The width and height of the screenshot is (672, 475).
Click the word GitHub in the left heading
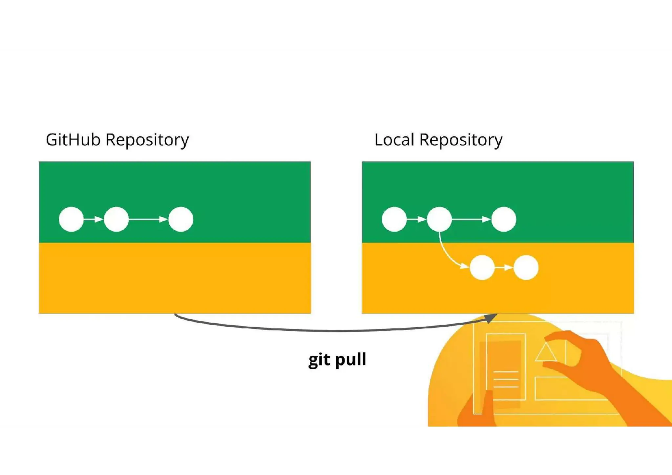[73, 140]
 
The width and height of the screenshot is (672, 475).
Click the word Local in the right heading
[394, 140]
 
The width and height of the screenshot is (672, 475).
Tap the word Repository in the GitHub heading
[147, 140]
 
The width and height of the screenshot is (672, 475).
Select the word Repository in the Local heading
[461, 140]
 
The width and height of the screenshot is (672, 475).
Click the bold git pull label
[337, 360]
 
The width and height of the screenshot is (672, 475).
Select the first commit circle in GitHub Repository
[71, 219]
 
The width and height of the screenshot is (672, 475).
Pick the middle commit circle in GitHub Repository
[116, 219]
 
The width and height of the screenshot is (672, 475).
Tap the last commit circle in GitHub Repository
[181, 219]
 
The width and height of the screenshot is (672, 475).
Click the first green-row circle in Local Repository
[394, 219]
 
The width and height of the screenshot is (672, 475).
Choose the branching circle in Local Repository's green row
[439, 219]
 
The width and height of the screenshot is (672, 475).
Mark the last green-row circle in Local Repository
[504, 219]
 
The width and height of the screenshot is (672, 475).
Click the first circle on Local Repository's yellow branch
[482, 268]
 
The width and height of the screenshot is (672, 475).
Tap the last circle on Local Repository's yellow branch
[526, 268]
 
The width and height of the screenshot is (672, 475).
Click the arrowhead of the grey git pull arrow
[491, 318]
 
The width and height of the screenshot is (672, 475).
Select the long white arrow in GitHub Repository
[148, 219]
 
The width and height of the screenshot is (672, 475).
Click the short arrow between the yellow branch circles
[504, 268]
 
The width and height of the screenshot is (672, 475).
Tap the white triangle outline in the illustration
[546, 353]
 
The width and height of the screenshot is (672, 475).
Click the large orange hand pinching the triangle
[591, 364]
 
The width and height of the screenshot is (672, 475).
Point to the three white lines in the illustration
[506, 380]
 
